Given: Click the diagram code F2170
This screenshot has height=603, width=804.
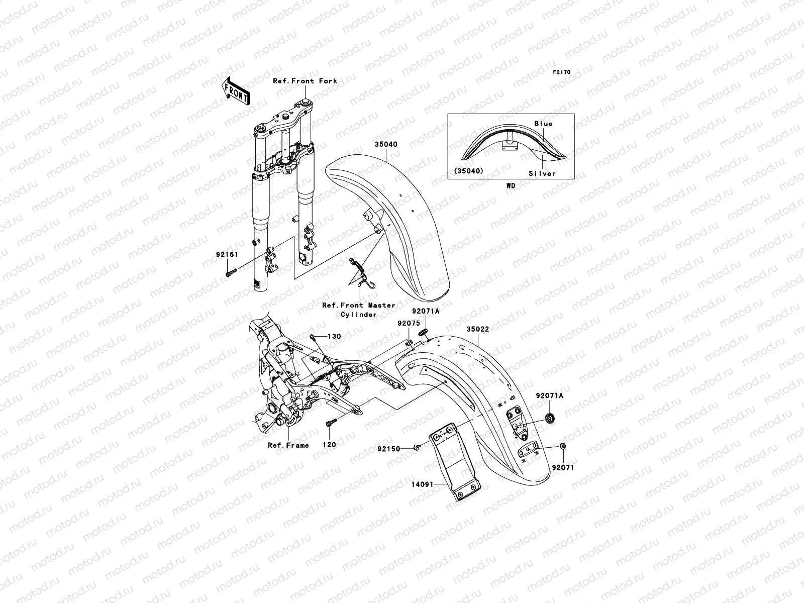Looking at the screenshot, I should tap(562, 72).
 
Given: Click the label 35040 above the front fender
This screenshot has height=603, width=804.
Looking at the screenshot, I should tap(385, 144).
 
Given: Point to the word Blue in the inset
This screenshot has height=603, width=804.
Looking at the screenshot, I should tap(543, 124).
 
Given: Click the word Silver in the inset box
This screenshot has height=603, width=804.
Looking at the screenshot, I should tap(542, 173).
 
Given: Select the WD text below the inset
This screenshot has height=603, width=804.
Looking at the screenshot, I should tap(511, 185).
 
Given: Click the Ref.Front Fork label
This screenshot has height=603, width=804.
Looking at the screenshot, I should tap(305, 81).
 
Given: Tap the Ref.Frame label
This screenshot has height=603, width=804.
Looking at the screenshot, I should tap(288, 445).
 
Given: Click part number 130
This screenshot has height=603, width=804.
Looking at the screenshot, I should tap(334, 336).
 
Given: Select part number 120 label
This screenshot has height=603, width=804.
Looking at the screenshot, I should tap(329, 445).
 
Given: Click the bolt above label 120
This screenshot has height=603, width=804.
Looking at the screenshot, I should tap(330, 425).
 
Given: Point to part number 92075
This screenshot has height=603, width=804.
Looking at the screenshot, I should tap(408, 324).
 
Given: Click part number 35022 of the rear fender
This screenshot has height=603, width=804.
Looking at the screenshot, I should tap(477, 329).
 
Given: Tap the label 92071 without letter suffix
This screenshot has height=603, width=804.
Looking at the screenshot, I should tap(562, 467).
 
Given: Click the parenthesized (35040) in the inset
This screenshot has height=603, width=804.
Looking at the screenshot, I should tap(469, 171).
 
